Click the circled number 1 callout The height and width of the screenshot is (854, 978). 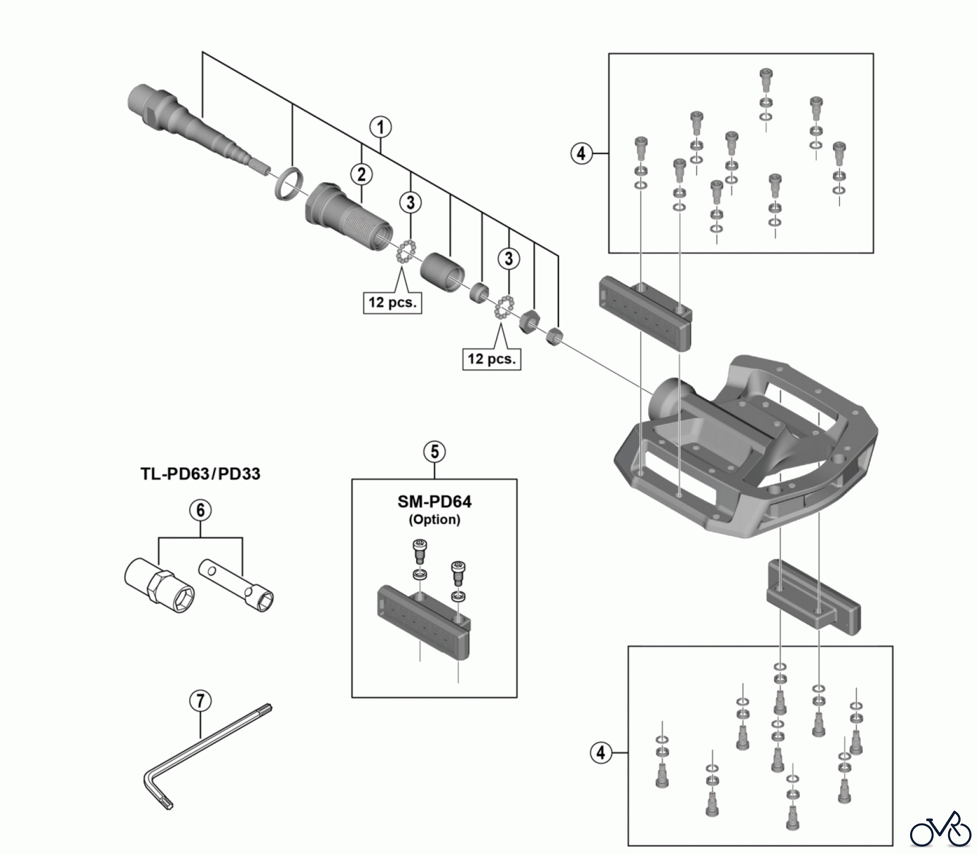pyautogui.click(x=380, y=127)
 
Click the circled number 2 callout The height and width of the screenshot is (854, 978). pyautogui.click(x=361, y=174)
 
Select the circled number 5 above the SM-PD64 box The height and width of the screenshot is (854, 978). pyautogui.click(x=434, y=452)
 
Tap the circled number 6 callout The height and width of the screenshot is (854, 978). pyautogui.click(x=200, y=510)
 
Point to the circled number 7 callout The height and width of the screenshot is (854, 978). pyautogui.click(x=200, y=701)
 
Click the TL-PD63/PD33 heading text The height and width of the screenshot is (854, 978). pyautogui.click(x=200, y=473)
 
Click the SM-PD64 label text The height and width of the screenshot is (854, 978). pyautogui.click(x=434, y=502)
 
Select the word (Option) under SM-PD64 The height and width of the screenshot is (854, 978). pyautogui.click(x=434, y=520)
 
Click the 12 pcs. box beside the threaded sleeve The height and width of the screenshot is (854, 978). pyautogui.click(x=392, y=302)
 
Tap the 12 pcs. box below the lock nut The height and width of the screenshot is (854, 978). pyautogui.click(x=492, y=359)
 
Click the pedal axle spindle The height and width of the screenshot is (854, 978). pyautogui.click(x=196, y=130)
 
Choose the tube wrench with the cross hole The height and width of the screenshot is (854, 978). pyautogui.click(x=236, y=583)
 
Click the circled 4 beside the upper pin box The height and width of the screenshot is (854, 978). pyautogui.click(x=581, y=154)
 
